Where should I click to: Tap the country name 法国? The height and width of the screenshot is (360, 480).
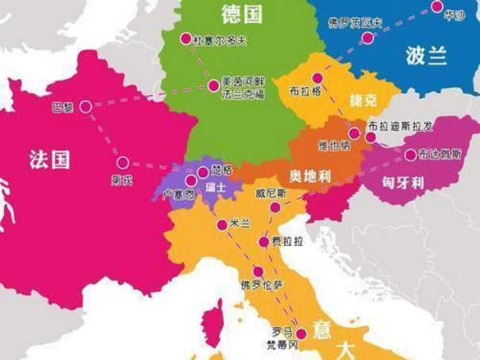pyautogui.click(x=49, y=159)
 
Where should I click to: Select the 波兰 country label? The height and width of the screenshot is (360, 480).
pyautogui.click(x=427, y=57)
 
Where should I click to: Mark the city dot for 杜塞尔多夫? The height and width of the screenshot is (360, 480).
pyautogui.click(x=186, y=38)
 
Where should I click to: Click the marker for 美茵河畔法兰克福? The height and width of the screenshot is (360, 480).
pyautogui.click(x=213, y=84)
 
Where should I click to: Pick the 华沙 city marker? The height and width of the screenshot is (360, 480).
pyautogui.click(x=436, y=6)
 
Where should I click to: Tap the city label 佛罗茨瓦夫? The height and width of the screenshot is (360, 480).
pyautogui.click(x=356, y=22)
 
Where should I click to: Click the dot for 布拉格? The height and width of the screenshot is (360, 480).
pyautogui.click(x=317, y=78)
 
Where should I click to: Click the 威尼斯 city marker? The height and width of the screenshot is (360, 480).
pyautogui.click(x=275, y=208)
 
